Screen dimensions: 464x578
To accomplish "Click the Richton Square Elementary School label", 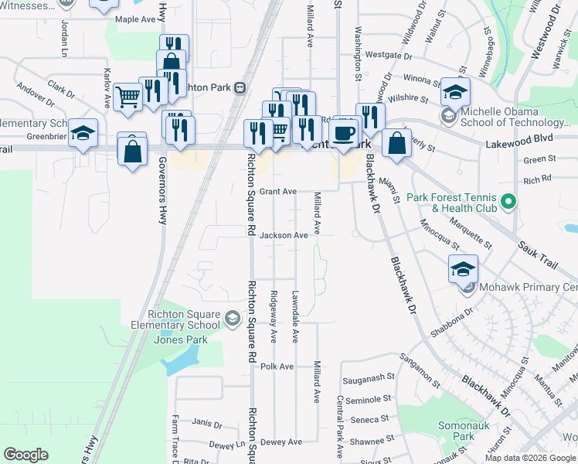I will [x=183, y=319].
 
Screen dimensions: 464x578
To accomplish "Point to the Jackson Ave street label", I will [x=284, y=235].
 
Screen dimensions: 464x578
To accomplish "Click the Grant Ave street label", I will [x=278, y=191].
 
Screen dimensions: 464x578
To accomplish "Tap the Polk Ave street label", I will [x=277, y=367].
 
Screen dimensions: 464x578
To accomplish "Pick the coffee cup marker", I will [x=344, y=134].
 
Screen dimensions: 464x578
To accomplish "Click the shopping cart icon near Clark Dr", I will [x=128, y=97].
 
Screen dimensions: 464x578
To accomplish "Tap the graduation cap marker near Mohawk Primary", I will [x=463, y=269].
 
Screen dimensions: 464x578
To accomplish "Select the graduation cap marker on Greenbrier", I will [x=83, y=133].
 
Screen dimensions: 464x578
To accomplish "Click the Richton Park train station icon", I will [x=241, y=87].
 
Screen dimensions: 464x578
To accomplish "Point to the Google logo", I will [x=26, y=454].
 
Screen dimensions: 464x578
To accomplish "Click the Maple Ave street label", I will [x=135, y=19].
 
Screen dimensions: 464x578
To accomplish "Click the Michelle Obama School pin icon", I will [x=448, y=116].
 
